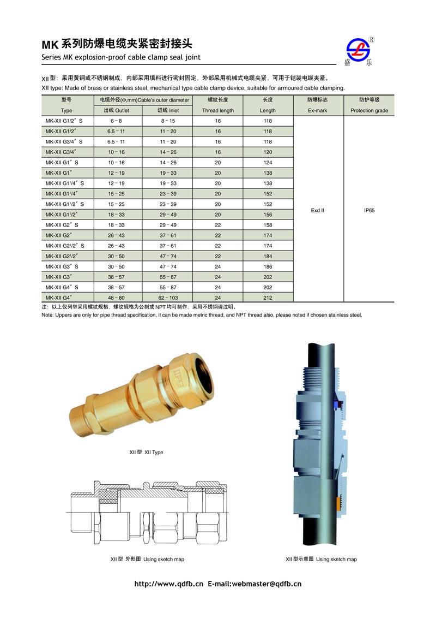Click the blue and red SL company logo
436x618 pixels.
358,50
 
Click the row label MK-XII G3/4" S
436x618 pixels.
64,142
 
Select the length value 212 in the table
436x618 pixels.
268,298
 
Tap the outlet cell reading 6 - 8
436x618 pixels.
116,121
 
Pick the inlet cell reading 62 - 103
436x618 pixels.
168,298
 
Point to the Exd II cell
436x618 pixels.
318,211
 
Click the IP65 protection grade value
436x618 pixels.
369,211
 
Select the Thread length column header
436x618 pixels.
218,111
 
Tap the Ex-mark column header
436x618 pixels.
318,111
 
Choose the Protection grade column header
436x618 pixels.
369,111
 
